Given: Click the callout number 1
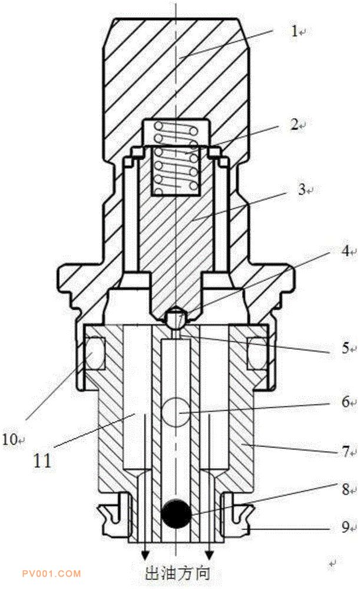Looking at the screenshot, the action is pyautogui.click(x=295, y=31).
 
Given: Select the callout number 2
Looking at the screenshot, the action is pyautogui.click(x=295, y=124).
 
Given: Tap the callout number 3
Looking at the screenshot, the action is pyautogui.click(x=302, y=190).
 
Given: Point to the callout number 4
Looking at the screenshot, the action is pyautogui.click(x=345, y=251).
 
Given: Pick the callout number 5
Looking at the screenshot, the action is pyautogui.click(x=345, y=348).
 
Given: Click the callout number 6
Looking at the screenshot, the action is pyautogui.click(x=345, y=402).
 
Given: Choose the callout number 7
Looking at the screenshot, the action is pyautogui.click(x=345, y=451).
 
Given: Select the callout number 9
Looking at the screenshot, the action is pyautogui.click(x=345, y=527).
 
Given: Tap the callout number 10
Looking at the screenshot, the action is pyautogui.click(x=10, y=439).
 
